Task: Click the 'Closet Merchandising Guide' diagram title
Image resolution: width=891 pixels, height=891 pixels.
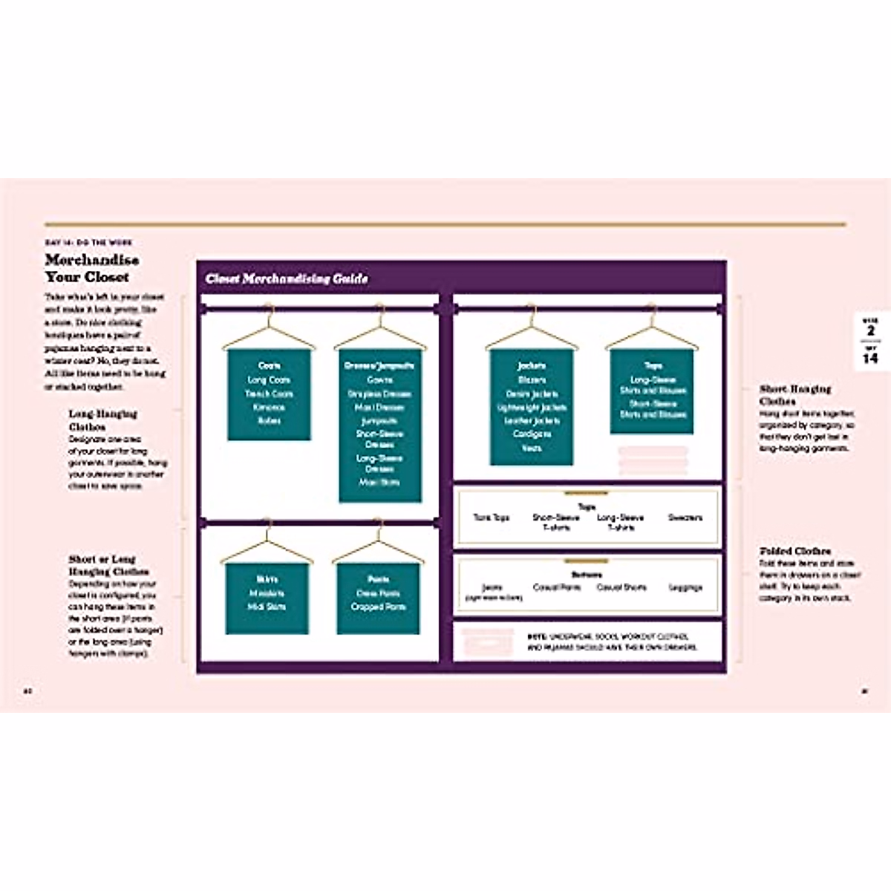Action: [x=287, y=278]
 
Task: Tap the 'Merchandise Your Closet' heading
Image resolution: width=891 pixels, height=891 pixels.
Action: [x=91, y=268]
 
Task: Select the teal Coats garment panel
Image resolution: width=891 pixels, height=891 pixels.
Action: [x=269, y=394]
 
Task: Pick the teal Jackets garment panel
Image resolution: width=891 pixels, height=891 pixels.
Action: [x=532, y=408]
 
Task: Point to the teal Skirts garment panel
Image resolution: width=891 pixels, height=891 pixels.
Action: [x=267, y=598]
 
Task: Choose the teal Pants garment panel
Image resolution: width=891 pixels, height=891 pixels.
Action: [x=378, y=598]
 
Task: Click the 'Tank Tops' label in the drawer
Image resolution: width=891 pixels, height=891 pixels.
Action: [x=492, y=518]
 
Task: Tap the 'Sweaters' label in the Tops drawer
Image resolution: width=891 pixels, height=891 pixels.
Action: [x=685, y=518]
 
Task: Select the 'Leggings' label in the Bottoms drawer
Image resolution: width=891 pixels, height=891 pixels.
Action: [x=685, y=587]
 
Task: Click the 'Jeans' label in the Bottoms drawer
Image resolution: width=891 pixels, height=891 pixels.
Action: [x=492, y=587]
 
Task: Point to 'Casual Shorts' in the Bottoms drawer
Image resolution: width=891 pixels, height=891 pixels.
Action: [x=621, y=587]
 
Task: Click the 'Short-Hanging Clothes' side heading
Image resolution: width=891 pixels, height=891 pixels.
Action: [x=795, y=395]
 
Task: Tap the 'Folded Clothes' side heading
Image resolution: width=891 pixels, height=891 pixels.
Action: [x=795, y=552]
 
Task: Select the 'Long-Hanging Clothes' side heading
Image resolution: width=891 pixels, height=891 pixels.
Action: [x=102, y=420]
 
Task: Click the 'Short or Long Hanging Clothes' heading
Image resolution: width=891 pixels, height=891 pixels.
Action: [x=108, y=565]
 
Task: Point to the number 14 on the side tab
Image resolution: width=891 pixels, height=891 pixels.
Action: [x=870, y=358]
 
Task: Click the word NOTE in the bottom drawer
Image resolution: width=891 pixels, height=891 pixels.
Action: [x=537, y=636]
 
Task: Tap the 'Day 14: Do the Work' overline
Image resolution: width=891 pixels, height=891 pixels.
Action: [x=88, y=243]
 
